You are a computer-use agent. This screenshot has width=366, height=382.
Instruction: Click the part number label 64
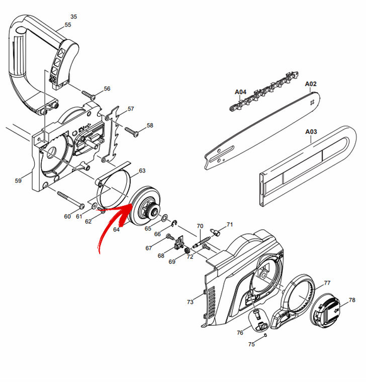click(x=116, y=229)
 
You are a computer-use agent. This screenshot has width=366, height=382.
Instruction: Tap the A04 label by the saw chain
click(x=240, y=92)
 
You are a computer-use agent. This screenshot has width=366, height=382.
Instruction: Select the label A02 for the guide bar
click(x=310, y=84)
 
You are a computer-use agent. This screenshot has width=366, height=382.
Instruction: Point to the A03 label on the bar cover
click(x=311, y=132)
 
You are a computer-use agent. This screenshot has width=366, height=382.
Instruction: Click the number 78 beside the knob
click(x=352, y=300)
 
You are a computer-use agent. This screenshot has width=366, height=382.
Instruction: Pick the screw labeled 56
click(x=88, y=95)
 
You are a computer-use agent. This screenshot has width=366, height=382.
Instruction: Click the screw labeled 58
click(x=132, y=131)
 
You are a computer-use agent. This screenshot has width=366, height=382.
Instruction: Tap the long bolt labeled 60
click(x=71, y=200)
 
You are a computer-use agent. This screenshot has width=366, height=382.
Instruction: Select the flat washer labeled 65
click(x=165, y=217)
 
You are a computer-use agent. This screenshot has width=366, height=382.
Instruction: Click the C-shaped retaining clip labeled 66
click(x=175, y=223)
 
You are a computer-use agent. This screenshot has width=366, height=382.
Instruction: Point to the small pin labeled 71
click(x=215, y=232)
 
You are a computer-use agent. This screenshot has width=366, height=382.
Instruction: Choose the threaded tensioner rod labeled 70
click(x=201, y=242)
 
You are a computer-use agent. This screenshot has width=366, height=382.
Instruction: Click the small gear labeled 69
click(x=187, y=251)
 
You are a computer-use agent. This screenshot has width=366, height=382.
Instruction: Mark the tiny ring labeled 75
click(x=266, y=335)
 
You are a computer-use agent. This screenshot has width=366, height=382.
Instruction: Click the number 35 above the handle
click(x=74, y=16)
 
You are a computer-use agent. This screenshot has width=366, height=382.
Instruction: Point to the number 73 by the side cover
click(x=190, y=302)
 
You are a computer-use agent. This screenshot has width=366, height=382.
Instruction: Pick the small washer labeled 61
click(x=94, y=206)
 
